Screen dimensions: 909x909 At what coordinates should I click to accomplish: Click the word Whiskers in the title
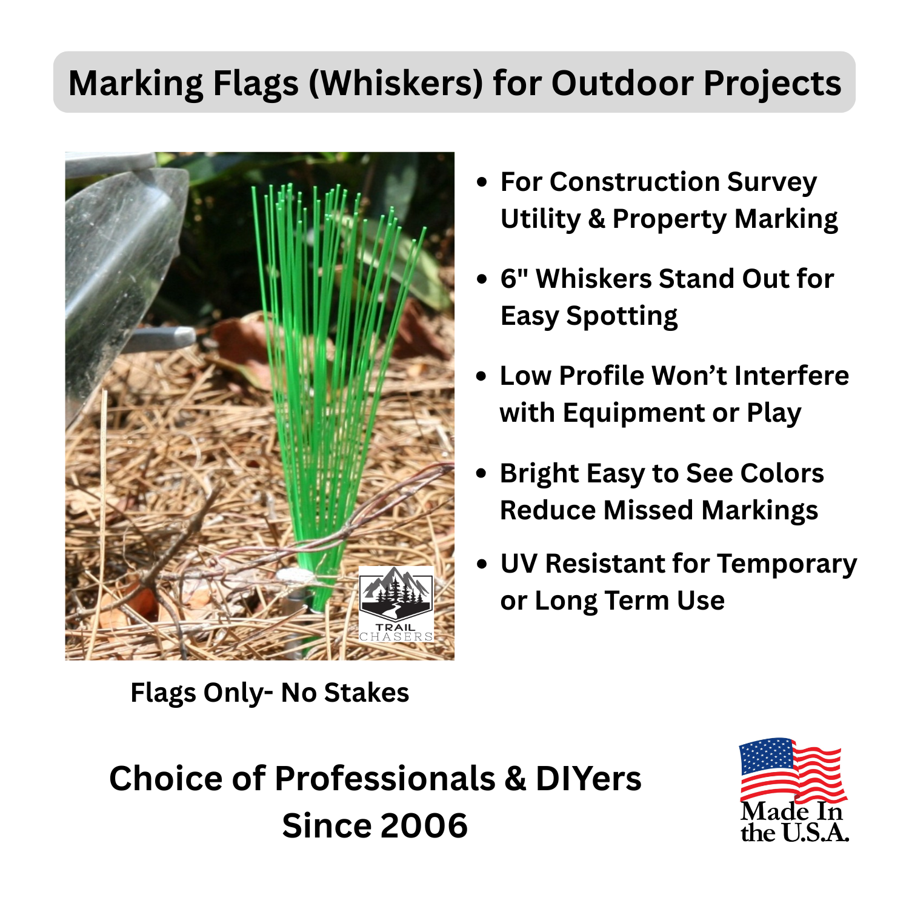pyautogui.click(x=396, y=83)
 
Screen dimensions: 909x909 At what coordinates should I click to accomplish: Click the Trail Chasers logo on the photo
pyautogui.click(x=396, y=604)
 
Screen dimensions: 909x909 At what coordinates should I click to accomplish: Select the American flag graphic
pyautogui.click(x=791, y=770)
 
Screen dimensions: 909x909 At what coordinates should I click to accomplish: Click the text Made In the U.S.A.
pyautogui.click(x=794, y=822)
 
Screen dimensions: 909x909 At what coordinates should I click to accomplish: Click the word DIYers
pyautogui.click(x=588, y=778)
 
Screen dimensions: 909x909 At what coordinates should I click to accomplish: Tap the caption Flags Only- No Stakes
pyautogui.click(x=270, y=693)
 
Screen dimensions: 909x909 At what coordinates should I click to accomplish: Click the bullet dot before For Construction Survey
pyautogui.click(x=482, y=182)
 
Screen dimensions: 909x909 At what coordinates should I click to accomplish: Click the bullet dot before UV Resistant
pyautogui.click(x=482, y=564)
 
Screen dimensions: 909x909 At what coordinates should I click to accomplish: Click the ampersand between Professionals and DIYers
pyautogui.click(x=515, y=778)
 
